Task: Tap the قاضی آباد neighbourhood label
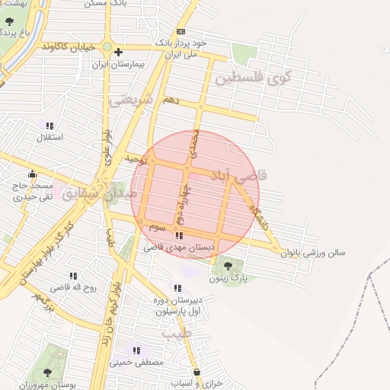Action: (238, 175)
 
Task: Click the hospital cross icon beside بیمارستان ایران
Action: (118, 52)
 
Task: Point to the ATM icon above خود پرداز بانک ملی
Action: (181, 31)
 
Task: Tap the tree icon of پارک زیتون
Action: (227, 264)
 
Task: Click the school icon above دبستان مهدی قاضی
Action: (179, 236)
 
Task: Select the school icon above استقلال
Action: (50, 126)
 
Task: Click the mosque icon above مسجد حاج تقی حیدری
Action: (31, 174)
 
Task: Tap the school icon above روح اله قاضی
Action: (73, 276)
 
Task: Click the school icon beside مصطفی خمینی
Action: (136, 350)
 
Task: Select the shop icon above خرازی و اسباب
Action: (197, 372)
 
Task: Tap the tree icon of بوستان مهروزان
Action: (47, 372)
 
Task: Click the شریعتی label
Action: (131, 100)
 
